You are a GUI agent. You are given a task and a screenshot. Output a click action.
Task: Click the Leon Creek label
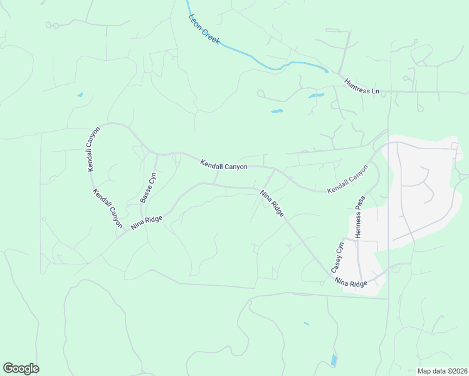point(204,29)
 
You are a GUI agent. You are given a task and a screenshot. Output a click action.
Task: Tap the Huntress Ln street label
point(362,86)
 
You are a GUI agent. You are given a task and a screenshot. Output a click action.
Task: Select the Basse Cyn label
point(147,187)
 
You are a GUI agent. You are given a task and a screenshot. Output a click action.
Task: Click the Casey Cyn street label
point(338,256)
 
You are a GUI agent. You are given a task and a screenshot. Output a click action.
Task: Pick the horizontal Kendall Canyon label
point(224,165)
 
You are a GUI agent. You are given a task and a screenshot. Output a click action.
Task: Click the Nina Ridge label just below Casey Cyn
point(350,283)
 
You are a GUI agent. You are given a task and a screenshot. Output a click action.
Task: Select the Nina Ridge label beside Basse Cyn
point(147,222)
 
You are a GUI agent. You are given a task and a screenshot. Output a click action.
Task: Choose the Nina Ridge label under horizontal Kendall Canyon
point(272,203)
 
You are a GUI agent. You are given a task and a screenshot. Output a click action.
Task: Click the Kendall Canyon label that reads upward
point(94,149)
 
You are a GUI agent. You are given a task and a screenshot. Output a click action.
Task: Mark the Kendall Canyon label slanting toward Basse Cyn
point(108,207)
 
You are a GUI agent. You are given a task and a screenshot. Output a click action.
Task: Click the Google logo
point(21,368)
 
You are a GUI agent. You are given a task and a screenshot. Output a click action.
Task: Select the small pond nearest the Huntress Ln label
point(316,96)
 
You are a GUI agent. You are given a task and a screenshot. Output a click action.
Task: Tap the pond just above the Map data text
point(334,360)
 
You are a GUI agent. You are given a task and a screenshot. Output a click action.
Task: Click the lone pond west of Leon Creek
point(80,95)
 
